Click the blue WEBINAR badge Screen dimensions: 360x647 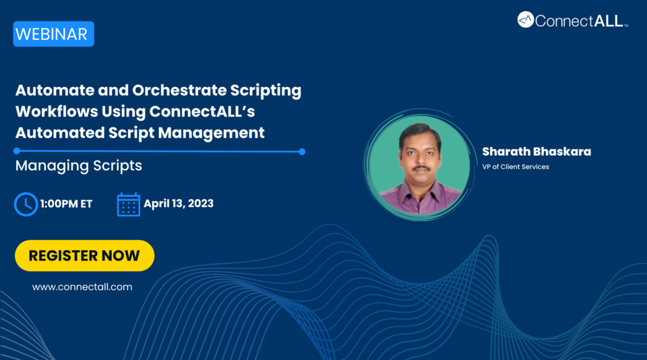click(x=53, y=34)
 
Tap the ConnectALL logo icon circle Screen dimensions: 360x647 click(x=526, y=20)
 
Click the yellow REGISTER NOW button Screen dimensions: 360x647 click(x=84, y=256)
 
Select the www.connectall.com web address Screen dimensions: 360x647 click(x=82, y=287)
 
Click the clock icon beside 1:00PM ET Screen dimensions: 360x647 click(x=26, y=204)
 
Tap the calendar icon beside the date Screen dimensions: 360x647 click(x=128, y=204)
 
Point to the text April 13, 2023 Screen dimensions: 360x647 click(x=179, y=204)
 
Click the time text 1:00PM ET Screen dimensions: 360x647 click(x=66, y=204)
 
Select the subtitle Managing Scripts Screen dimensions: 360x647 click(x=79, y=165)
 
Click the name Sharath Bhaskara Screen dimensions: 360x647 click(x=536, y=151)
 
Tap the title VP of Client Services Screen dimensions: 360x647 click(x=516, y=167)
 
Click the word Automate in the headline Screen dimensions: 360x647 click(x=51, y=90)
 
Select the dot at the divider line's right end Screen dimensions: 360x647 click(x=302, y=152)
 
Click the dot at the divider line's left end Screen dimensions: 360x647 click(x=17, y=152)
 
